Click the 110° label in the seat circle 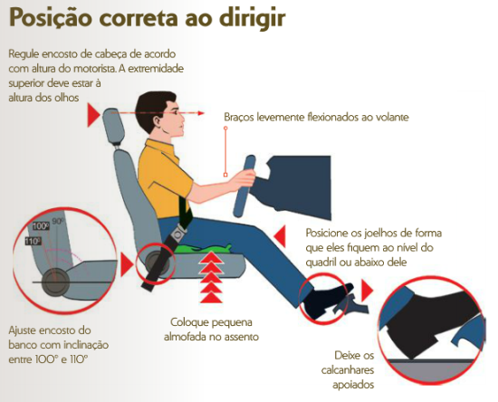[x=34, y=242]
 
